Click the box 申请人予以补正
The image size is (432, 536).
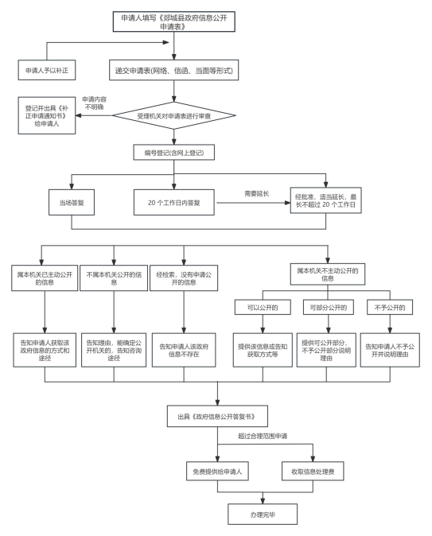(47, 70)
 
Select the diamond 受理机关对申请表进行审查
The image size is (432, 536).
(173, 115)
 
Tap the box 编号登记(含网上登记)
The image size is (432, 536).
(173, 153)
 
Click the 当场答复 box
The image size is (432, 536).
(72, 202)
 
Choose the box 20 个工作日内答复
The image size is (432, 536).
(173, 202)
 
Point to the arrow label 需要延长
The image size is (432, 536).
(256, 193)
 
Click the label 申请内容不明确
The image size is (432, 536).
(95, 103)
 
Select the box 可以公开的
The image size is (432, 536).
(263, 307)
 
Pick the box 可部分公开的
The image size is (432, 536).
(329, 307)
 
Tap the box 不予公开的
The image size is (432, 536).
(390, 307)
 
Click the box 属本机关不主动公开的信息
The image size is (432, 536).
(327, 274)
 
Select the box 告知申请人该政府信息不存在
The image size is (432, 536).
(184, 350)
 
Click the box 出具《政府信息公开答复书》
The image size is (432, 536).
(217, 417)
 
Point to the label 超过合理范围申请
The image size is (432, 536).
(263, 436)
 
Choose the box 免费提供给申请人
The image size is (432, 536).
(217, 471)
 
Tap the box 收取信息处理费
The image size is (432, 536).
(313, 471)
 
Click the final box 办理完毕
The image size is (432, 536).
(263, 514)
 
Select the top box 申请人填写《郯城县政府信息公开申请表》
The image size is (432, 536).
(173, 21)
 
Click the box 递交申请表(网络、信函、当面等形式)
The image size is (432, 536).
(173, 70)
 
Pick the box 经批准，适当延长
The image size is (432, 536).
(325, 200)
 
